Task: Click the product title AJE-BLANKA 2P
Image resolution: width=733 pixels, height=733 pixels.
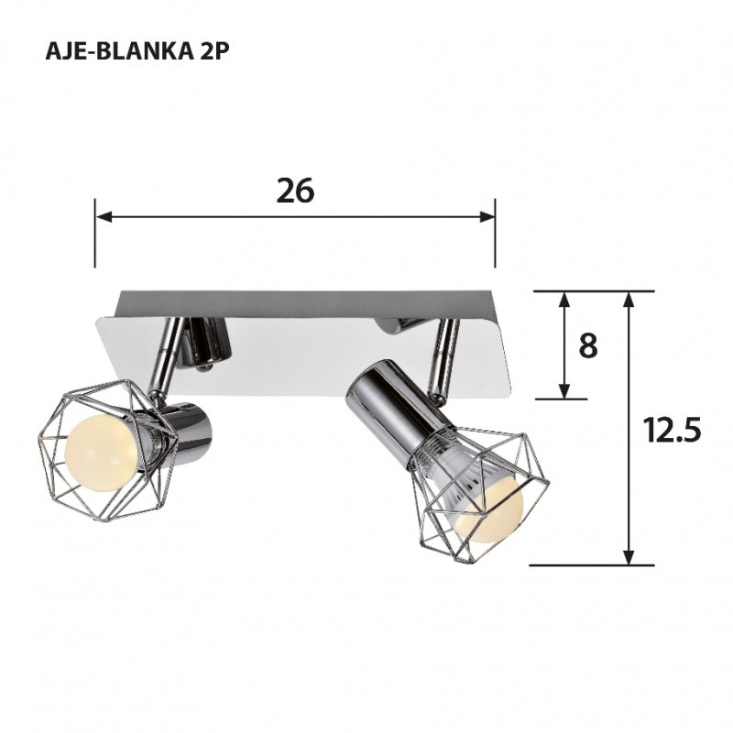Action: click(x=136, y=52)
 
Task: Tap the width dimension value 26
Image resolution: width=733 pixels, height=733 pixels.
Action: click(x=295, y=190)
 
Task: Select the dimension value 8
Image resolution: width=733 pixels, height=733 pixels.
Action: click(x=588, y=346)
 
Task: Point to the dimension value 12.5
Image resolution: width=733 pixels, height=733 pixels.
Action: click(x=672, y=429)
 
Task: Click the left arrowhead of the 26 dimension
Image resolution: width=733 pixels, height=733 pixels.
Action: click(x=103, y=217)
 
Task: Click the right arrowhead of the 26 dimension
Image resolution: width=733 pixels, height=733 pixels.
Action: click(x=487, y=217)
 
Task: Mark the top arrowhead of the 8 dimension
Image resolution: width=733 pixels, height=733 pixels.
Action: click(x=565, y=299)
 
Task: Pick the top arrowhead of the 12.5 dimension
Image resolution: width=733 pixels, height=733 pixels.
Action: click(x=629, y=299)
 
